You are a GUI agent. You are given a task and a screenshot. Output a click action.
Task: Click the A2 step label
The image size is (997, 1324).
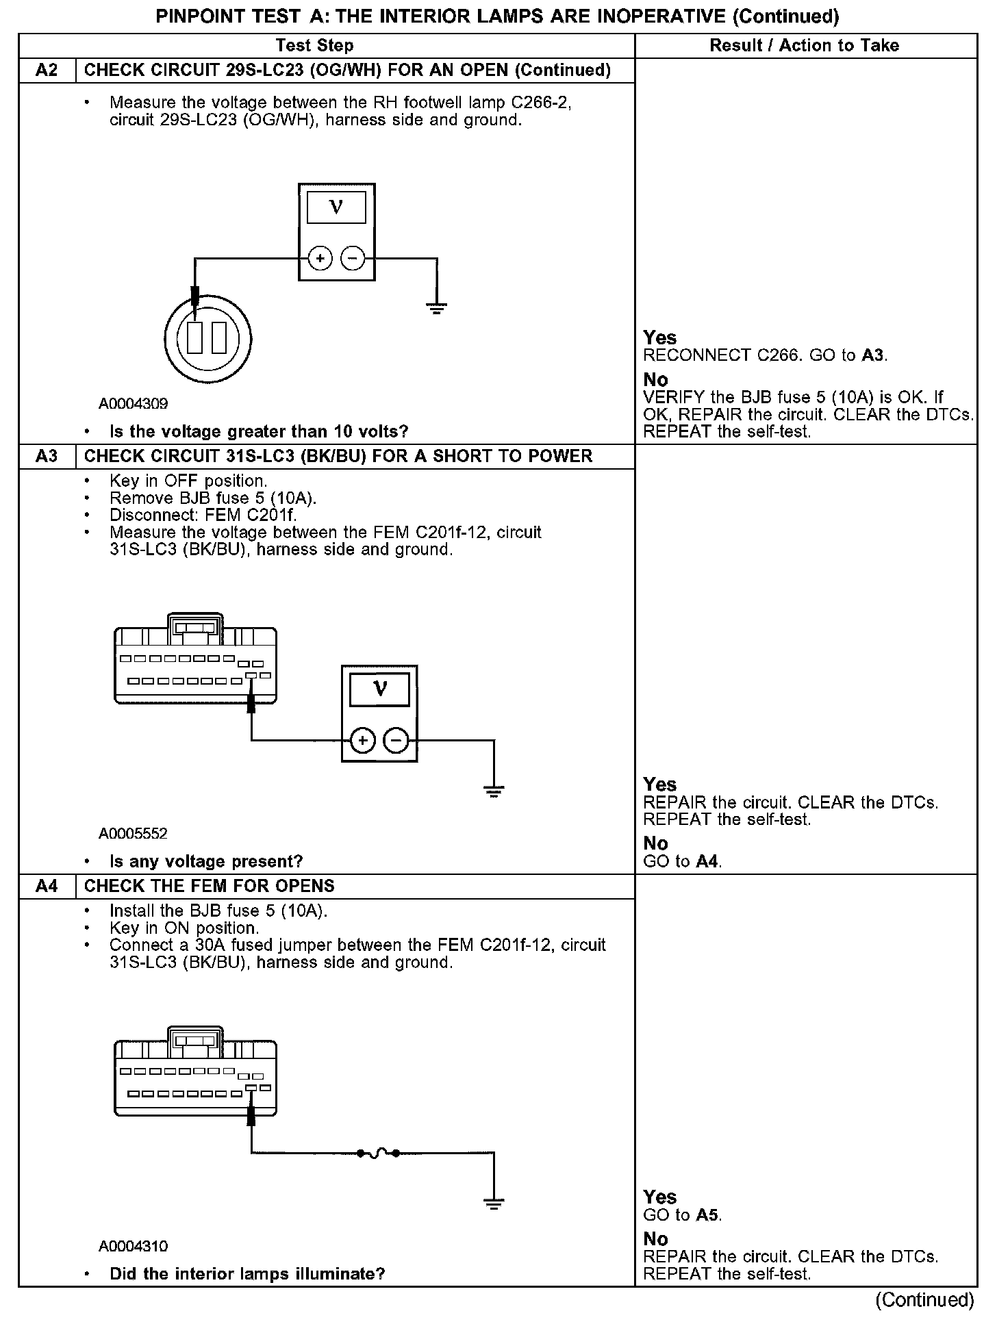47,71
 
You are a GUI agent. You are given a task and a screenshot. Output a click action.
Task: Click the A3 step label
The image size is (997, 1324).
47,457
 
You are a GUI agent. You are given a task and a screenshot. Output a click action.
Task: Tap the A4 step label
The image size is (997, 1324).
47,887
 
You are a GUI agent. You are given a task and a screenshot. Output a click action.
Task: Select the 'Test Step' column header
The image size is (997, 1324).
314,46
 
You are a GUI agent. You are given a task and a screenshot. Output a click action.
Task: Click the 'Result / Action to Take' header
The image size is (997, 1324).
804,46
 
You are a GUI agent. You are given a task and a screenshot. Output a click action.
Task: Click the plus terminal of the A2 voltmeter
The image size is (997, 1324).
320,259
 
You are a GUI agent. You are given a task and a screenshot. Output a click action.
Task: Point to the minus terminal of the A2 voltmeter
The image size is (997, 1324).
353,259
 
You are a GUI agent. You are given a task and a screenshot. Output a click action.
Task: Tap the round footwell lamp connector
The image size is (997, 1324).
208,339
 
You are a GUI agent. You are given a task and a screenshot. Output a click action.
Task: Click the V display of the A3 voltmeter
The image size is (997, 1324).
380,689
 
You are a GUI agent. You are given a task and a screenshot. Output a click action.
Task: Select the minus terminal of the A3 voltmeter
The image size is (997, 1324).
396,741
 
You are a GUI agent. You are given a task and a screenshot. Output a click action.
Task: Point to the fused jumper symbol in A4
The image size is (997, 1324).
379,1154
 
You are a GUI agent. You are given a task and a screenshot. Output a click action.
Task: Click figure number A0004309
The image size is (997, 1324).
133,404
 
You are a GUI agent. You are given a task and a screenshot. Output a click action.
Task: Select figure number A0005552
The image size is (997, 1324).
133,834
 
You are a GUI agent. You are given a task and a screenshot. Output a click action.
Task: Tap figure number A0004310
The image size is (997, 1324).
133,1247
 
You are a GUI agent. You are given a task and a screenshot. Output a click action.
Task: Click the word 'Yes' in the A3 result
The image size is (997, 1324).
659,785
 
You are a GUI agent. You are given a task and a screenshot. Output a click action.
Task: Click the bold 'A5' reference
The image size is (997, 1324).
708,1215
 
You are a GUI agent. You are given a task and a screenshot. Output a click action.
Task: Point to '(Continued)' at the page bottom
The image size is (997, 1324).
924,1301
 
